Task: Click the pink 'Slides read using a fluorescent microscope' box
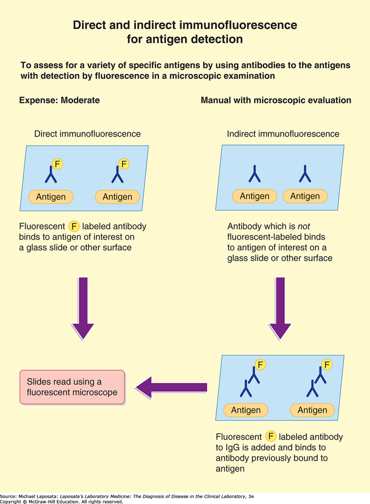(x=72, y=387)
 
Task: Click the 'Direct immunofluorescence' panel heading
(x=87, y=134)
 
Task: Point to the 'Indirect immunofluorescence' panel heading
(x=283, y=134)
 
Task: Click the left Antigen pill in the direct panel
(x=51, y=197)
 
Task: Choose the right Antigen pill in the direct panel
(x=117, y=197)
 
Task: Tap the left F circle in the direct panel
(x=57, y=164)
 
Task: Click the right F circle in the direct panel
(x=124, y=164)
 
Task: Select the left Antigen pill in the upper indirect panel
(x=254, y=196)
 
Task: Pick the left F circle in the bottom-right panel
(x=260, y=364)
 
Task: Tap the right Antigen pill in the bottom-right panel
(x=312, y=410)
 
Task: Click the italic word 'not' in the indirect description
(x=304, y=226)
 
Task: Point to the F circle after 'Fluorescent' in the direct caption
(x=74, y=226)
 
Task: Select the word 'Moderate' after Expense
(x=80, y=100)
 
